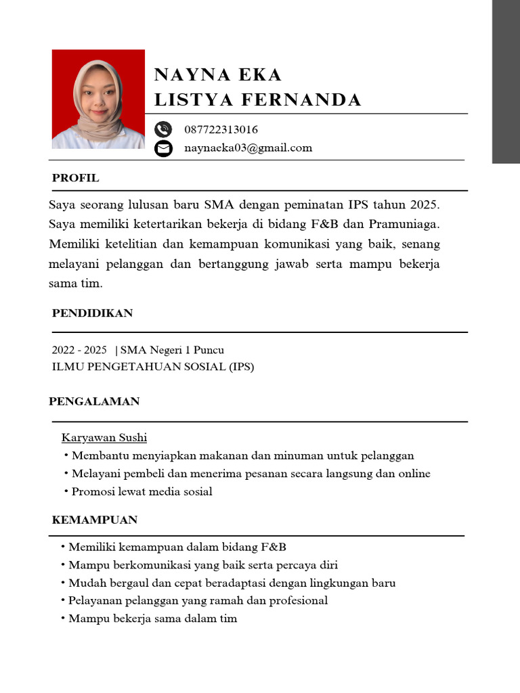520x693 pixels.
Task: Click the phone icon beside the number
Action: click(163, 129)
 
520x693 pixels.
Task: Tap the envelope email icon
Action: click(163, 148)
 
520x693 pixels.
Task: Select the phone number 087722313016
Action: click(221, 129)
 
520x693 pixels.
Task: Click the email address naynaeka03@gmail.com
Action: click(248, 148)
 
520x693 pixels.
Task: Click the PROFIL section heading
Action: click(75, 178)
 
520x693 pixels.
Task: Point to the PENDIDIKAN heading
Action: click(92, 313)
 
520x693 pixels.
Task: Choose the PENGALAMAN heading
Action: click(94, 401)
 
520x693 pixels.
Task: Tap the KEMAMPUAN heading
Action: click(95, 520)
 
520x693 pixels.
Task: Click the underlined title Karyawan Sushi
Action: click(104, 437)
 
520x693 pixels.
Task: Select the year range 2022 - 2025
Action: click(79, 350)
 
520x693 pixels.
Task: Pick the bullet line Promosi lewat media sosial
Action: click(142, 491)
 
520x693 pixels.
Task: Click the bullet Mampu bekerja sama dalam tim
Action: click(152, 619)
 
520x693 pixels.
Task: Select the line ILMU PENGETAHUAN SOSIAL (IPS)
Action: click(153, 367)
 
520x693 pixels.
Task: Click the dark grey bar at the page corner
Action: click(505, 81)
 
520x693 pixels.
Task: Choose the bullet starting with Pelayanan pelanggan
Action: click(198, 600)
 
